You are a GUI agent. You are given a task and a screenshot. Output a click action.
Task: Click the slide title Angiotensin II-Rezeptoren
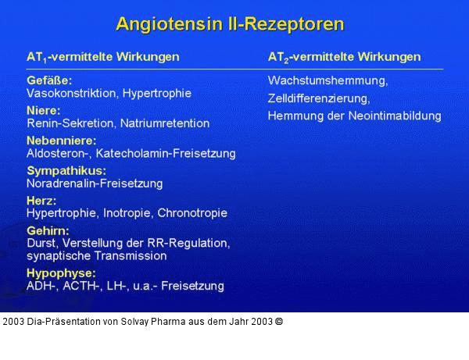point(230,23)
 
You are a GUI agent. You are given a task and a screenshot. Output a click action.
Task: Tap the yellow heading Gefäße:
point(49,80)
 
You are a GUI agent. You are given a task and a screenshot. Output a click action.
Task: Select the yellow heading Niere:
point(44,110)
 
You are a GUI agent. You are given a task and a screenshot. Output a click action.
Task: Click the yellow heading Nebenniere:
point(61,141)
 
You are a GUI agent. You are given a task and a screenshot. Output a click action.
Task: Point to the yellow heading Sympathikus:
point(66,170)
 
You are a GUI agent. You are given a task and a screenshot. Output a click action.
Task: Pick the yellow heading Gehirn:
point(48,230)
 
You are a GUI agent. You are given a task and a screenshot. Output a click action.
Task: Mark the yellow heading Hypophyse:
point(61,273)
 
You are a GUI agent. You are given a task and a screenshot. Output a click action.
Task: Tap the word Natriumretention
point(166,123)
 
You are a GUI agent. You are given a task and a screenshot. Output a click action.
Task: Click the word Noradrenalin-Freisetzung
point(95,184)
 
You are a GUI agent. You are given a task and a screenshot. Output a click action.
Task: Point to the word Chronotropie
point(192,212)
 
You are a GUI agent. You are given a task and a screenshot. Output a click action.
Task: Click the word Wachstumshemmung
point(327,80)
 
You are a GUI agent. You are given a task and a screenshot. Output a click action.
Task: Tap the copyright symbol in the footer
point(279,321)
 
